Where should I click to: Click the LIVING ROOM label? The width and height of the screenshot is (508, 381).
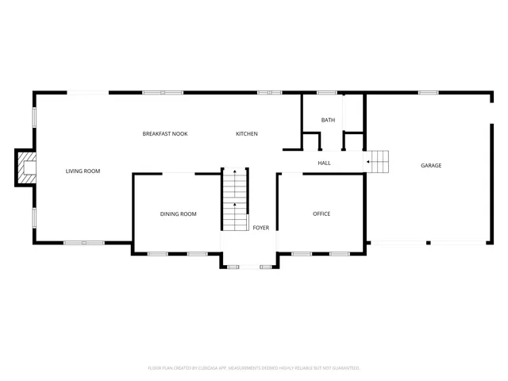[x=83, y=171]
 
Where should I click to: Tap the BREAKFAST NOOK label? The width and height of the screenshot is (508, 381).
[x=165, y=133]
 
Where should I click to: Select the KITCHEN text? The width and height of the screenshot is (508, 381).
[x=247, y=133]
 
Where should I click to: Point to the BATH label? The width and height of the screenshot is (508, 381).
[x=328, y=120]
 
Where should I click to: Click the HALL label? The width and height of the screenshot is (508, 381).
[x=324, y=164]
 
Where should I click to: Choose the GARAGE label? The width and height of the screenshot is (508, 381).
[x=431, y=165]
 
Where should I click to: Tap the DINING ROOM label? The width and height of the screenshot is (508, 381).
[x=178, y=214]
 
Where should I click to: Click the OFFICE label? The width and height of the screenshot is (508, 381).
[x=321, y=214]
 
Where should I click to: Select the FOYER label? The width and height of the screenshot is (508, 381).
[x=260, y=228]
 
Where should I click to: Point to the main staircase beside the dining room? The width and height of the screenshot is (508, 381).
[x=235, y=199]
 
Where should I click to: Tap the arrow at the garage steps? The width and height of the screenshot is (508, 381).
[x=369, y=161]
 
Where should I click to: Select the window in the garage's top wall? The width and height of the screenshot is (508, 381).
[x=428, y=93]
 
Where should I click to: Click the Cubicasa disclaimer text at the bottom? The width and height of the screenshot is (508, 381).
[x=254, y=368]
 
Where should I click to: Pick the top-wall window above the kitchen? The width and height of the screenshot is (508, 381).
[x=269, y=93]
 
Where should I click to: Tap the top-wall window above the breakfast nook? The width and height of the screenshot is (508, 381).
[x=164, y=93]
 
